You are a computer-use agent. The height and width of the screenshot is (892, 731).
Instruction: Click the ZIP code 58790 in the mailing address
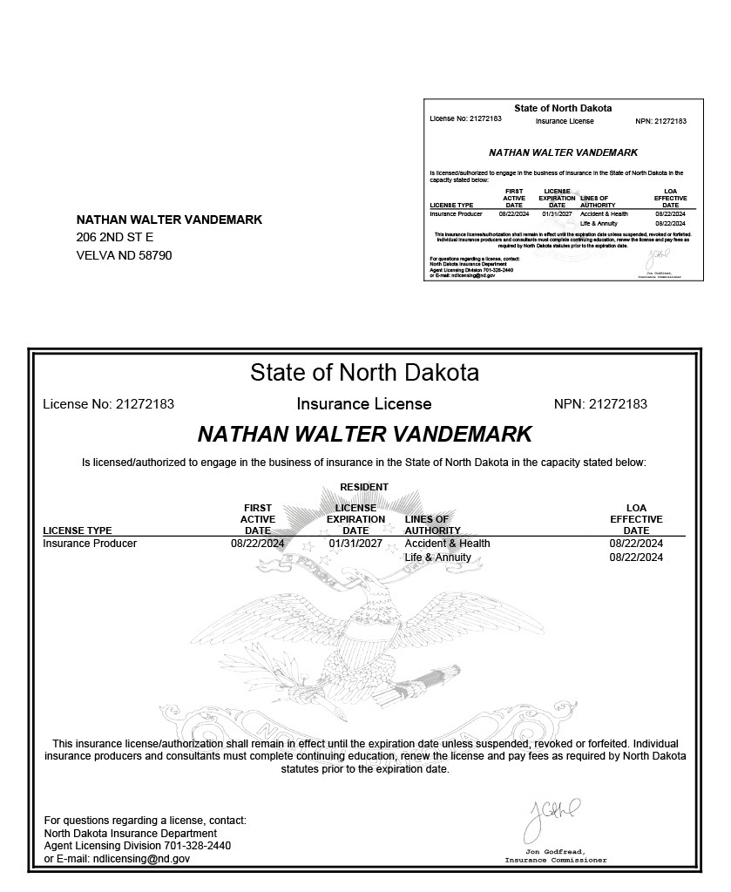[155, 255]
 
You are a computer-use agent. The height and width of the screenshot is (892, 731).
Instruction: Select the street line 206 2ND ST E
[115, 237]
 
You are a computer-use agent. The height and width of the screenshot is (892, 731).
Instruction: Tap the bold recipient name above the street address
[169, 220]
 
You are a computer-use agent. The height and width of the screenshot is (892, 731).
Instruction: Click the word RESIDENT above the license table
[364, 487]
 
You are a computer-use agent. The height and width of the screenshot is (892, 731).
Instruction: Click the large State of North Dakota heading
[364, 373]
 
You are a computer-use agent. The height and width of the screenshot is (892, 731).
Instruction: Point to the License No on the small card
[465, 118]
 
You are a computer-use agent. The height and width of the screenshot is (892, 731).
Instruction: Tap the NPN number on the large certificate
[618, 404]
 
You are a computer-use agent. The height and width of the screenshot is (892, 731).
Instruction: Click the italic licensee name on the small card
[563, 152]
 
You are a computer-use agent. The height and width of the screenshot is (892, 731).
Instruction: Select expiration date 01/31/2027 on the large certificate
[355, 544]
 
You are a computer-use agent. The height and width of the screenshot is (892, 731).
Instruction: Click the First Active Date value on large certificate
[258, 544]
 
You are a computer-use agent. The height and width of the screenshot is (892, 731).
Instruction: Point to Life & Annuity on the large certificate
[437, 557]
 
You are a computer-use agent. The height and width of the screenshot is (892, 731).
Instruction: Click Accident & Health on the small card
[604, 213]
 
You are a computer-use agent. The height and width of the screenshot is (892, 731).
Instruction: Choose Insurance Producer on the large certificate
[90, 544]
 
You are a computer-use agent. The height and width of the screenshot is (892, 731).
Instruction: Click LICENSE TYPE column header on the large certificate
[78, 530]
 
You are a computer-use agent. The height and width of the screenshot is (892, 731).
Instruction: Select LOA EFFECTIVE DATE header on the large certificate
[636, 519]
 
